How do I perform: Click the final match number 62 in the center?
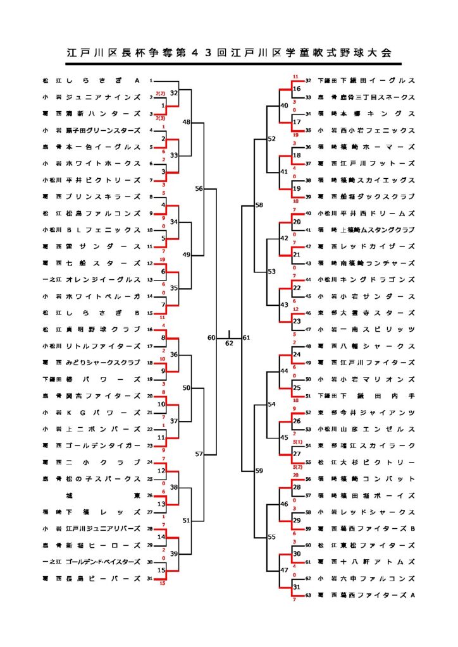pyautogui.click(x=229, y=344)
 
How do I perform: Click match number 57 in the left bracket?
pyautogui.click(x=199, y=454)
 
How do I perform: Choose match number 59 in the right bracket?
pyautogui.click(x=259, y=470)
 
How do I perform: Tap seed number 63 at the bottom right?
pyautogui.click(x=309, y=595)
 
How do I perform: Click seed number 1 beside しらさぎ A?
pyautogui.click(x=151, y=81)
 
